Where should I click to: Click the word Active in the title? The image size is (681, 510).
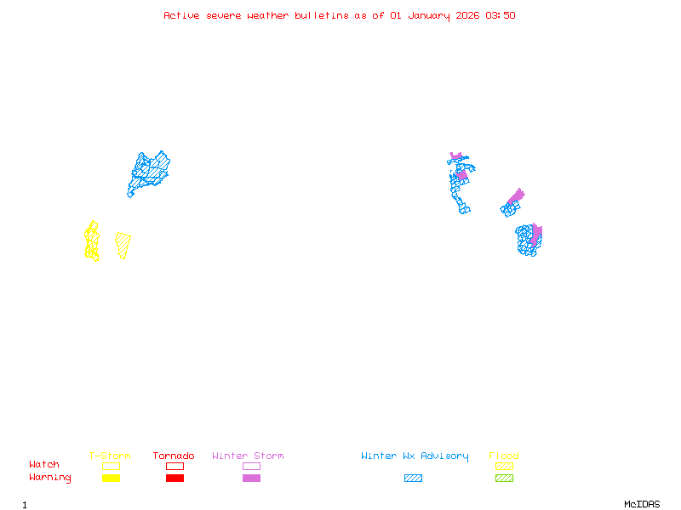[x=181, y=15]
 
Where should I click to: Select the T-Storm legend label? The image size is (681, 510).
[x=110, y=456]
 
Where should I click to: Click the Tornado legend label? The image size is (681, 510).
[x=174, y=456]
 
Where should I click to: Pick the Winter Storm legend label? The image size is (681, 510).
[x=248, y=456]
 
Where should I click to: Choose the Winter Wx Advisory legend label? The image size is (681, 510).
[x=415, y=456]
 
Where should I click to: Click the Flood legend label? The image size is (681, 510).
[x=504, y=456]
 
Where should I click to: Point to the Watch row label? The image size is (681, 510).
[x=44, y=465]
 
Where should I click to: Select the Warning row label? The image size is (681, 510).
[x=49, y=478]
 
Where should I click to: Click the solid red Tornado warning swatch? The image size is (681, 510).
[x=175, y=479]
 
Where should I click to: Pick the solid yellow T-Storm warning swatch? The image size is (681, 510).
[x=111, y=479]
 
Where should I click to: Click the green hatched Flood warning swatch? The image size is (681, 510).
[x=504, y=479]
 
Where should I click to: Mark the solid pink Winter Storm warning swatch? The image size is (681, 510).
[x=251, y=479]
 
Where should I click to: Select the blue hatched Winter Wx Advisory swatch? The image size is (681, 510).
[x=413, y=479]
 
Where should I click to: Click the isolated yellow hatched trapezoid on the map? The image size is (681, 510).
[x=123, y=244]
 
